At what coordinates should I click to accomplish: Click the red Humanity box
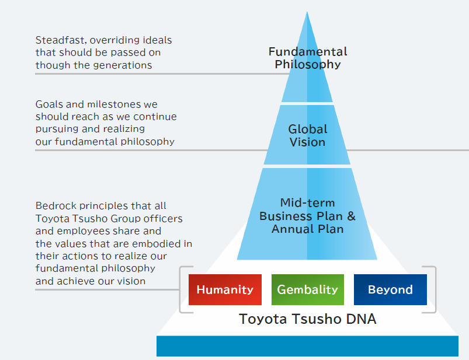tap(225, 289)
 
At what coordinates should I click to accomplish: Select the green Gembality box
tap(307, 289)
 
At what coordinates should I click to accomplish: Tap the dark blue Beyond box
tap(390, 289)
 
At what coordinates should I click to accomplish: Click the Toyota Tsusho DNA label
tap(308, 319)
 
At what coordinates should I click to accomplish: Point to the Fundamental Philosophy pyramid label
tap(308, 58)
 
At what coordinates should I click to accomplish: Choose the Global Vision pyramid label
tap(308, 135)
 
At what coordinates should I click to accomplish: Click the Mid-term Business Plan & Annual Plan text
tap(308, 216)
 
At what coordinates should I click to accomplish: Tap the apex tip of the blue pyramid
tap(307, 13)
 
